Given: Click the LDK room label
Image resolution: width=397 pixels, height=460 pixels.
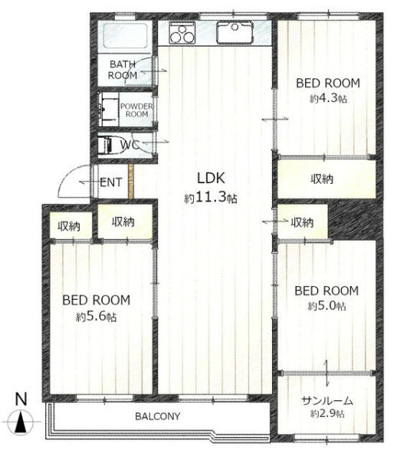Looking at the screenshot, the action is pos(211,178).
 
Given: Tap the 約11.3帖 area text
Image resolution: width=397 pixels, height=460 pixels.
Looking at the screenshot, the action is pos(211,199).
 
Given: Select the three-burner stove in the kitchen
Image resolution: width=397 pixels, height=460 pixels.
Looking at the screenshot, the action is pos(182,33).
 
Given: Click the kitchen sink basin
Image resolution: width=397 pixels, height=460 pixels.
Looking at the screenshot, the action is pos(235,32).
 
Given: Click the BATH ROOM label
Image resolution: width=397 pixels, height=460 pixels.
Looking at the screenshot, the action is pos(123,70).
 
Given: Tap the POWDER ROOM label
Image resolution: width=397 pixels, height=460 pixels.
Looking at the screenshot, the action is pos(136,110).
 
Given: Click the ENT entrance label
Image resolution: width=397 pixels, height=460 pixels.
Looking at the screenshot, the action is pos(110,182).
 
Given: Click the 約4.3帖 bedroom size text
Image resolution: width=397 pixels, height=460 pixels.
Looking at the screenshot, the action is pos(328,99).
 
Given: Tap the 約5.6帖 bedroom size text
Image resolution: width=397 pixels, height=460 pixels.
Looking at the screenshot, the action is pos(97,317).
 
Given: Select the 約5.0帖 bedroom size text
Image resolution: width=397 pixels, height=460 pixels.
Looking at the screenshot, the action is pos(327,306).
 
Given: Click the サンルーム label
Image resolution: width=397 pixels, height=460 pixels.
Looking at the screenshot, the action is pos(327,401).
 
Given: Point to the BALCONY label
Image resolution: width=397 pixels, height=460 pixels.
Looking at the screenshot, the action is pos(158,416).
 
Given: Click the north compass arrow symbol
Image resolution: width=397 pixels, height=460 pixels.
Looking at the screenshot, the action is pos(21,422).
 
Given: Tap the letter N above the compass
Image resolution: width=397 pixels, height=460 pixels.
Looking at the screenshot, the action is pos(21,399).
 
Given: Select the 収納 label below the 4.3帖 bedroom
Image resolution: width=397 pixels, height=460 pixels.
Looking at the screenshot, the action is pos(322,179).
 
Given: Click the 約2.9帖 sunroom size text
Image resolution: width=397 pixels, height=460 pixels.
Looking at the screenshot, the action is pos(327,414).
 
